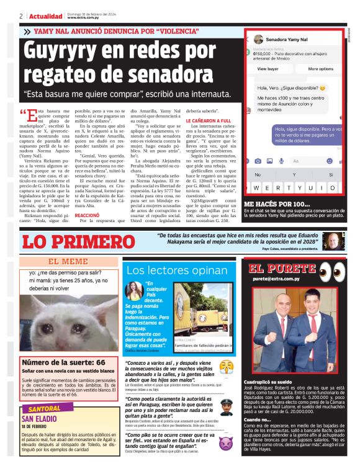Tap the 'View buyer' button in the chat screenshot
point(268,69)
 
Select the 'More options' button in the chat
point(320,69)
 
